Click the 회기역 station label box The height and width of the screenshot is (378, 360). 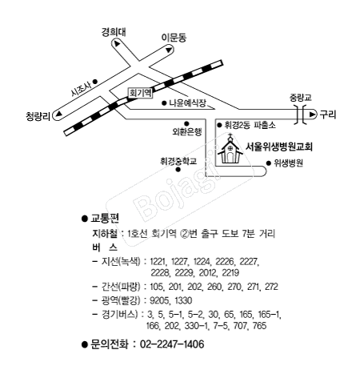point(140,93)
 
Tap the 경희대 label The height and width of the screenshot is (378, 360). point(114,32)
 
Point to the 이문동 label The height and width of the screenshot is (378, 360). point(174,38)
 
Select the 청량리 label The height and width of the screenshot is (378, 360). point(38,116)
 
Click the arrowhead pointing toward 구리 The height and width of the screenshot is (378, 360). point(312,115)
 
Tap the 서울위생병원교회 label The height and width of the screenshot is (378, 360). point(278,147)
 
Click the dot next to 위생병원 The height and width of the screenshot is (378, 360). point(269,163)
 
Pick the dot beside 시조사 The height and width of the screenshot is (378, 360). point(95,81)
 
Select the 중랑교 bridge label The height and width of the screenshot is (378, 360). point(301,98)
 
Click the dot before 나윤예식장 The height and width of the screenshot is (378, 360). point(164,103)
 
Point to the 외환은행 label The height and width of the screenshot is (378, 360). point(187,131)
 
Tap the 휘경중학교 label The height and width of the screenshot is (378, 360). point(178,161)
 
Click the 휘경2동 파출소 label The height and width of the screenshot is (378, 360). point(250,125)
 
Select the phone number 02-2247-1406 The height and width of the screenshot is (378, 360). point(172,344)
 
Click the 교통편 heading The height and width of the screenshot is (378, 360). point(105,219)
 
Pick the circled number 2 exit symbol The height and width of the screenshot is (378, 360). point(184,234)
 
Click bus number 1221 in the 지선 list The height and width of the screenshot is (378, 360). point(158,262)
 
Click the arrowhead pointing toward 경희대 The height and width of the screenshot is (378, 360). point(117,44)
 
